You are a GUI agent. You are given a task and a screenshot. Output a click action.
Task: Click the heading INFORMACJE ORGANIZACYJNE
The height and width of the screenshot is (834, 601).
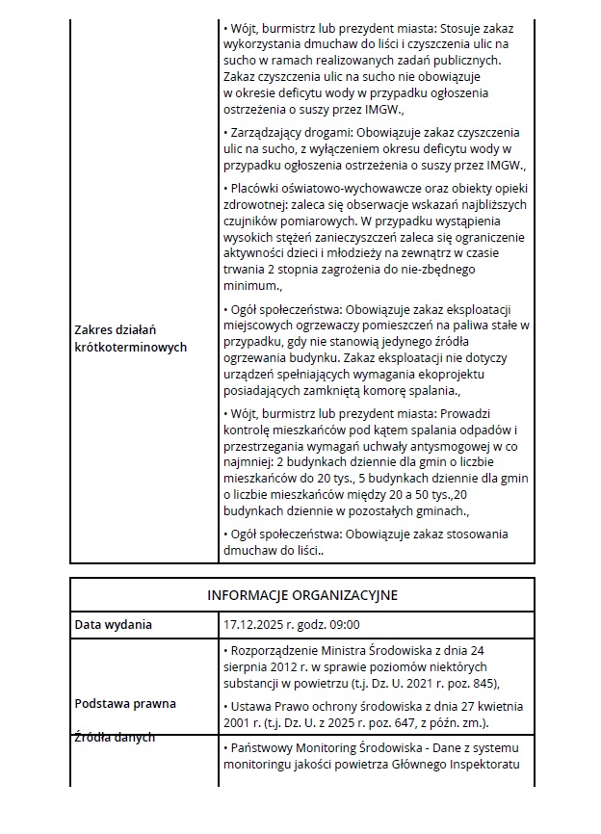pos(302,595)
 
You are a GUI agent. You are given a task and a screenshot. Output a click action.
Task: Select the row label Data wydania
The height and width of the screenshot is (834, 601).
pos(114,624)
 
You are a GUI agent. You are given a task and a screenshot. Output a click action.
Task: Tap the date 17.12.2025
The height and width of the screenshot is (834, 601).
pos(252,624)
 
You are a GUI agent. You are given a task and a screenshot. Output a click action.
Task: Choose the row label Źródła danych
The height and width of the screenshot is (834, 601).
pos(114,737)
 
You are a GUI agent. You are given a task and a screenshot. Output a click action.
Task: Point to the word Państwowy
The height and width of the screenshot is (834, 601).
pos(262,748)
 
